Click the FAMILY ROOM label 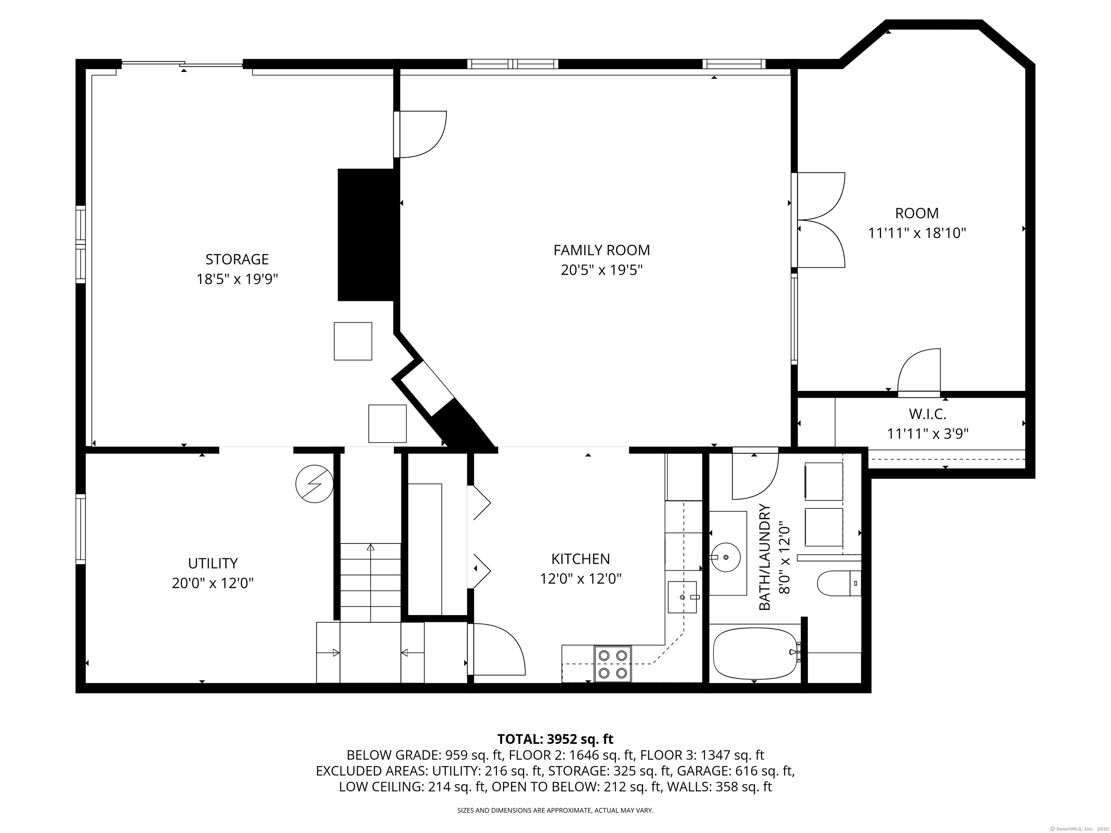pyautogui.click(x=601, y=250)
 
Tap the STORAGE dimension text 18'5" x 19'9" pyautogui.click(x=237, y=279)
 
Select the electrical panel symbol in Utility pyautogui.click(x=314, y=484)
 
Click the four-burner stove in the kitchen pyautogui.click(x=613, y=664)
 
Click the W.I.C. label pyautogui.click(x=927, y=414)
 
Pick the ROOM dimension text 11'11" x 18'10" pyautogui.click(x=917, y=233)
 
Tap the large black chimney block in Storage pyautogui.click(x=366, y=235)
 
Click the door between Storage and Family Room pyautogui.click(x=420, y=134)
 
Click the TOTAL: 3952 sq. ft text pyautogui.click(x=555, y=739)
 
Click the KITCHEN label pyautogui.click(x=580, y=559)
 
